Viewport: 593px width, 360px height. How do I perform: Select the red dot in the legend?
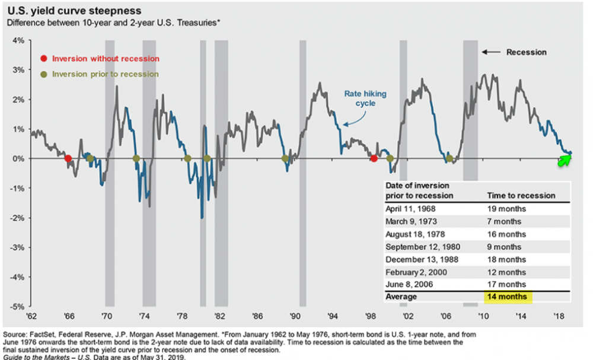44,59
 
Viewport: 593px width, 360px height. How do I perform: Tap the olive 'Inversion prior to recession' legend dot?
44,74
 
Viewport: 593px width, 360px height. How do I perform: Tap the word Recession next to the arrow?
526,52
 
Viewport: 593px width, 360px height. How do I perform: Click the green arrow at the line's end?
566,159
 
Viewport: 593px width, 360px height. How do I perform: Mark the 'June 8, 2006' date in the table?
409,284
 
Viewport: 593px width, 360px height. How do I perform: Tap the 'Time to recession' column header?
521,195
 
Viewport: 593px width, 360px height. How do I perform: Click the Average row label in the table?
401,297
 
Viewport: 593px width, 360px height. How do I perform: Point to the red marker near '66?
68,158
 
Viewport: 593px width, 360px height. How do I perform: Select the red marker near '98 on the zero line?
374,158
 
